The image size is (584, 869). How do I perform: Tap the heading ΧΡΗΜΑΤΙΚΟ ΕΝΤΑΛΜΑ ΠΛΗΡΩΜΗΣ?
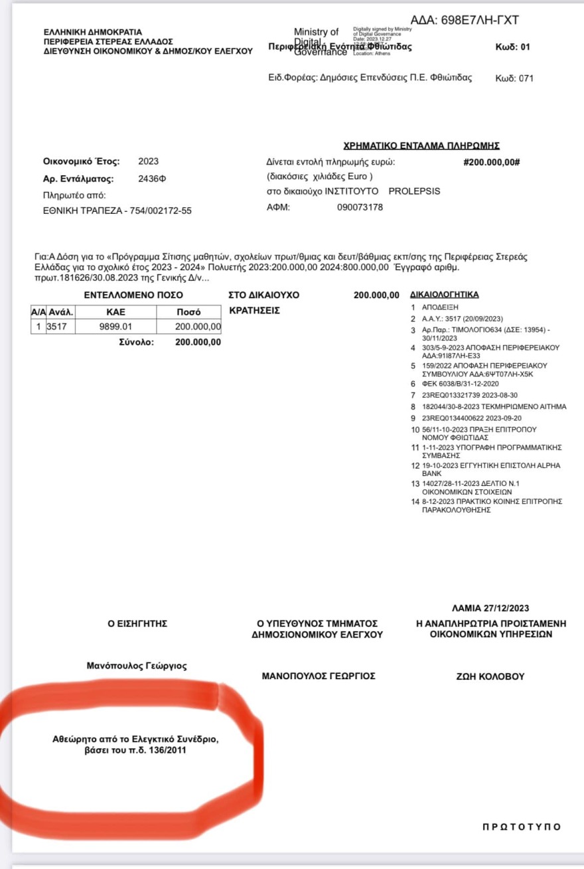coord(421,146)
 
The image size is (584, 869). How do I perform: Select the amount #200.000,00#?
coord(491,161)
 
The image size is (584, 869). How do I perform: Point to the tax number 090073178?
coord(360,207)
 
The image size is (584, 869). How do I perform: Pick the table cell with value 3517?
coord(61,327)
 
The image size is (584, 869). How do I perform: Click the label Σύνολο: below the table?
coord(136,343)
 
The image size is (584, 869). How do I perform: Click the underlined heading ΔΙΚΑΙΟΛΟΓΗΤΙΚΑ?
coord(445,294)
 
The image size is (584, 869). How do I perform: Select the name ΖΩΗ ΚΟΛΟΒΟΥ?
coord(486,676)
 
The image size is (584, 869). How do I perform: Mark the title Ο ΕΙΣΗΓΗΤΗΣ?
coord(137,623)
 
